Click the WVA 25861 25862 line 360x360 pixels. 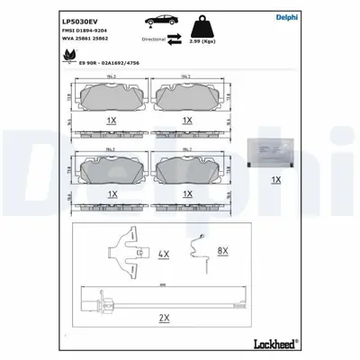(87, 40)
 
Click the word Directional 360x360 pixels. (153, 40)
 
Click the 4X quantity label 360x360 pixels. (164, 256)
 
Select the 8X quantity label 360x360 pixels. (224, 249)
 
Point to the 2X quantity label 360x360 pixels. (164, 318)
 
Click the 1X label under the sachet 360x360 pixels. (275, 179)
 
